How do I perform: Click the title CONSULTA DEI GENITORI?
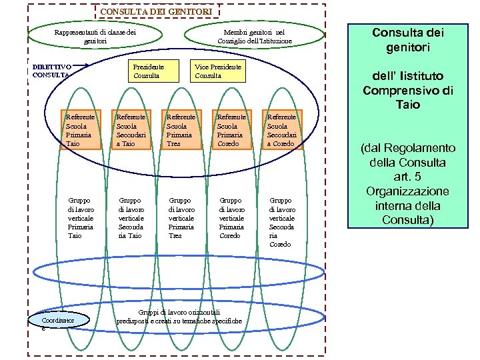point(156,11)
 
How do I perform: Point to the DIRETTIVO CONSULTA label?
point(51,71)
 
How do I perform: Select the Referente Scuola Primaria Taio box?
point(79,130)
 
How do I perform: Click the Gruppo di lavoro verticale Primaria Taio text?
point(81,218)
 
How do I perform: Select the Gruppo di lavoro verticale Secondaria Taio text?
point(131,218)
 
